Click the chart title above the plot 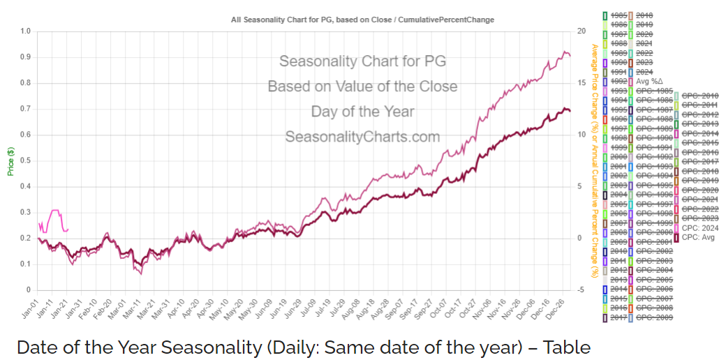pyautogui.click(x=362, y=20)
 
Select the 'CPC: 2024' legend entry pyautogui.click(x=699, y=227)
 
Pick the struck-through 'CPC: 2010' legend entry pyautogui.click(x=699, y=96)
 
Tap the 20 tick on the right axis pyautogui.click(x=581, y=31)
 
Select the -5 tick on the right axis pyautogui.click(x=580, y=290)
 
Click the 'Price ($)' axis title pyautogui.click(x=10, y=160)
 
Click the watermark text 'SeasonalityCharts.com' pyautogui.click(x=362, y=137)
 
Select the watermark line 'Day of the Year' pyautogui.click(x=362, y=112)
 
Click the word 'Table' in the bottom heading pyautogui.click(x=564, y=347)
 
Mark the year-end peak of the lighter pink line pyautogui.click(x=565, y=52)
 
